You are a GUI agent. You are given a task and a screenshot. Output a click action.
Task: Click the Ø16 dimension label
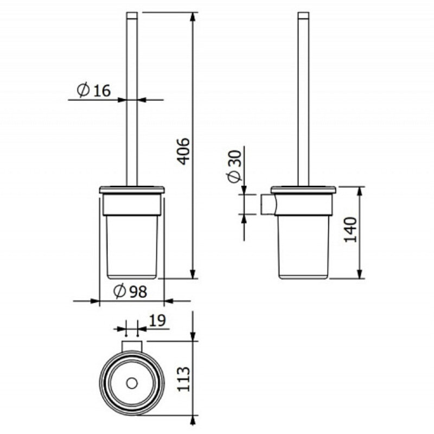[93, 90]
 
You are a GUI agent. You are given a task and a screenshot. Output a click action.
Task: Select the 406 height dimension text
[183, 151]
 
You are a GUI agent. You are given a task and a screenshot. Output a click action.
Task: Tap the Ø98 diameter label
[130, 291]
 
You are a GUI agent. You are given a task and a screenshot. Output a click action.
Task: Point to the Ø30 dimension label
[234, 166]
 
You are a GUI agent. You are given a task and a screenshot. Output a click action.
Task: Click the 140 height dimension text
[350, 230]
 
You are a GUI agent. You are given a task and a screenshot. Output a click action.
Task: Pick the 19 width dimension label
[157, 321]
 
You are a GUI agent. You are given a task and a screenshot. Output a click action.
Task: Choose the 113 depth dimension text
[183, 379]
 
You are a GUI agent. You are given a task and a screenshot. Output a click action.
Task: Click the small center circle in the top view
[132, 384]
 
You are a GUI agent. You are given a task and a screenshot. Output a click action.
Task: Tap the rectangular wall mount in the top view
[132, 346]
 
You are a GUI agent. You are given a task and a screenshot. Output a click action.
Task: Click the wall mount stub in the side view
[268, 205]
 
